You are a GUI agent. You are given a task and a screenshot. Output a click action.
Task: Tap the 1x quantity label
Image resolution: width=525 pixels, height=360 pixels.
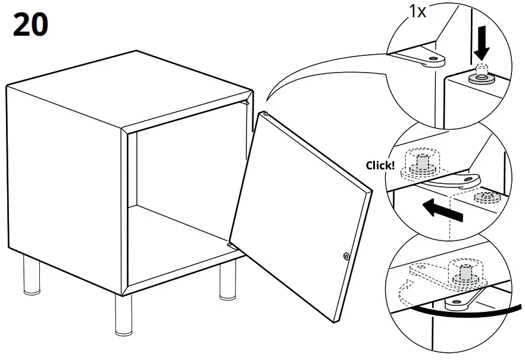[417, 12]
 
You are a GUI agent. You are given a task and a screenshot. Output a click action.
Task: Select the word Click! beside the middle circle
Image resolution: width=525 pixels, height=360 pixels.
[380, 165]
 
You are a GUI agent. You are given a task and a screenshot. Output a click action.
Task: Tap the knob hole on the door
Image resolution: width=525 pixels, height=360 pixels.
[346, 256]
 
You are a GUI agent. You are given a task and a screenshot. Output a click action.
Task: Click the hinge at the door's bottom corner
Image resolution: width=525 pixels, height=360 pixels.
[232, 244]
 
